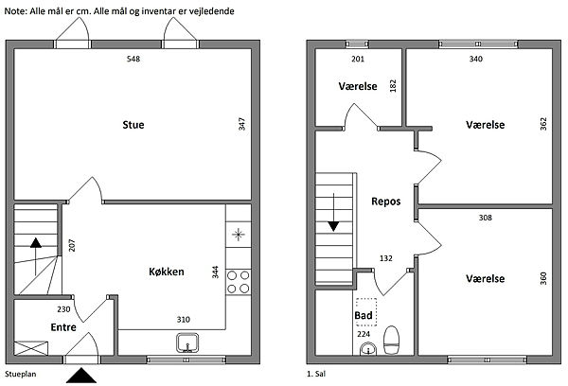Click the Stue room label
(x=133, y=125)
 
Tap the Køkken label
(x=167, y=272)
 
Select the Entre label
(x=63, y=327)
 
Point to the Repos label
(x=386, y=202)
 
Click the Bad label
(x=364, y=315)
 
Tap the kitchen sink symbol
(x=187, y=342)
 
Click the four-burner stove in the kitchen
(x=238, y=282)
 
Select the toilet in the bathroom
(x=391, y=340)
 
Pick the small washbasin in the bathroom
(x=368, y=350)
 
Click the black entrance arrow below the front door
(x=81, y=376)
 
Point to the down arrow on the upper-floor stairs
(x=333, y=213)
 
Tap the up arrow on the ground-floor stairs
(x=36, y=256)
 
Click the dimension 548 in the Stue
(x=133, y=59)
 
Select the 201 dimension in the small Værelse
(x=358, y=59)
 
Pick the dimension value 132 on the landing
(x=386, y=258)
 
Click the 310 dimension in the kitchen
(x=184, y=320)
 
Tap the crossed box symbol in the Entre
(x=31, y=348)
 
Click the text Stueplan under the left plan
(x=21, y=374)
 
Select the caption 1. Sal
(x=316, y=374)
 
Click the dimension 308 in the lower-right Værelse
(x=486, y=218)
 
